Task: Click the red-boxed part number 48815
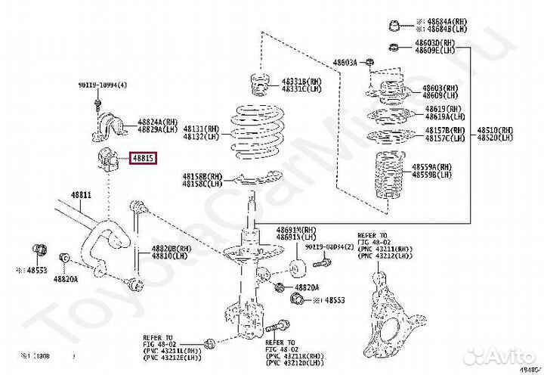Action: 144,159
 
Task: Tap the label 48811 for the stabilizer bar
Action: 81,195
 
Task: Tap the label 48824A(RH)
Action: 157,121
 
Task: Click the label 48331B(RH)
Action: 301,82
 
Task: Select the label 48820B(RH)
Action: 171,249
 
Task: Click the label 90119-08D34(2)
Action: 326,246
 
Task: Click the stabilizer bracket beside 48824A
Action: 105,124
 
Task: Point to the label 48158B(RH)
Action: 202,176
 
